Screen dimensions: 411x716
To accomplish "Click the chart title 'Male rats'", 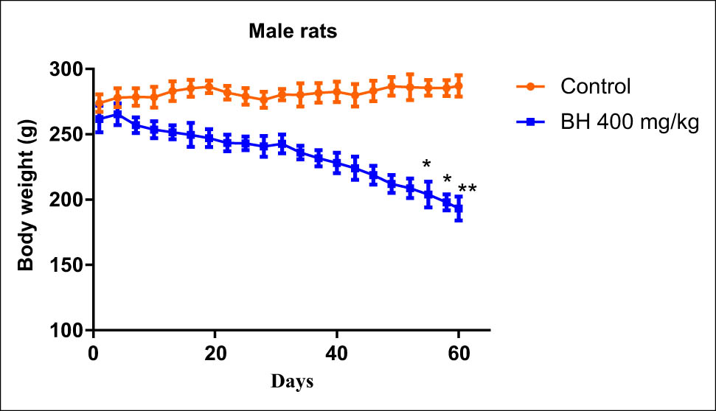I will coord(292,31).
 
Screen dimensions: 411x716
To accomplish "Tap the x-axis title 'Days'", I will coord(291,382).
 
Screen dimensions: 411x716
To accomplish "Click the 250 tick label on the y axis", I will coord(67,135).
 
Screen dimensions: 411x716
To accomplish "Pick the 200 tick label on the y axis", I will coord(67,200).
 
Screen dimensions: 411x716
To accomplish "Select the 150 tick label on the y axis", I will coord(67,265).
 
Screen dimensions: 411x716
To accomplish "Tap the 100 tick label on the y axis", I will coord(67,331).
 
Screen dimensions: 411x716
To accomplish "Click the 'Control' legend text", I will coord(595,86).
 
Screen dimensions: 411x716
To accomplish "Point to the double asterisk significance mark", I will coord(468,190).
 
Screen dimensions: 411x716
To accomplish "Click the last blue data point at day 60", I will coord(459,208).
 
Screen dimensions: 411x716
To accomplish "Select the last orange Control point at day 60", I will coord(459,86).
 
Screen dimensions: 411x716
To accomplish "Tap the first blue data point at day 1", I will coord(100,119).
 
